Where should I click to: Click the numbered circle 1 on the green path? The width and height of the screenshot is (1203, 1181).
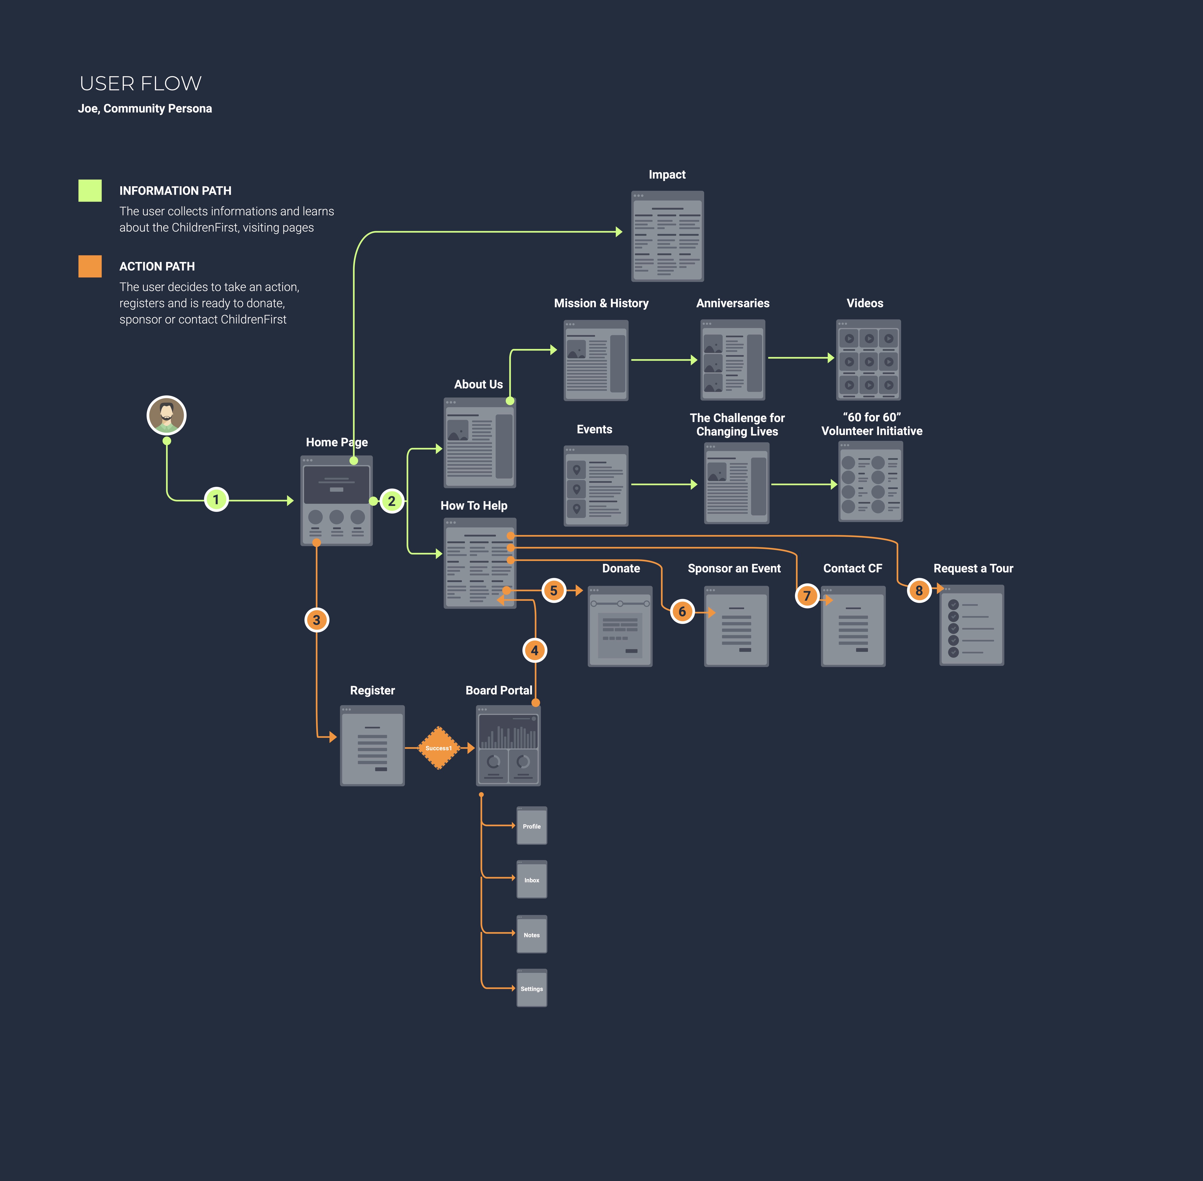(x=216, y=499)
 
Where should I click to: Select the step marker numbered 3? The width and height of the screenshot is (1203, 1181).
(x=316, y=620)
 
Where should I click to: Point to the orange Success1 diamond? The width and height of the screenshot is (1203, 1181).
(x=438, y=748)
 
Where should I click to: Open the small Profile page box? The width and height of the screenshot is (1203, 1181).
(x=532, y=826)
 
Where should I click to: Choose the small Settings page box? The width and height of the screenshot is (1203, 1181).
(x=532, y=988)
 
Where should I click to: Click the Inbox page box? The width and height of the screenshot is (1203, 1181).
(x=532, y=880)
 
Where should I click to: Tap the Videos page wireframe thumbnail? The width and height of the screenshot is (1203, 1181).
(x=868, y=360)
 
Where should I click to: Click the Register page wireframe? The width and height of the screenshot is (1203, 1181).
(x=372, y=746)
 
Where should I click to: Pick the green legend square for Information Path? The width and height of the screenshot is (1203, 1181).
(x=90, y=190)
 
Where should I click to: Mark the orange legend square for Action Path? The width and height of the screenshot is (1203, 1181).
(x=90, y=266)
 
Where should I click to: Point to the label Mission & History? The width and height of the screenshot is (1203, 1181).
(x=601, y=303)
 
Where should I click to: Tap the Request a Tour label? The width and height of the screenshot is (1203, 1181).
(x=973, y=568)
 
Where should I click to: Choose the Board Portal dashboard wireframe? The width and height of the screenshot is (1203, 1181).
(x=508, y=746)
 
